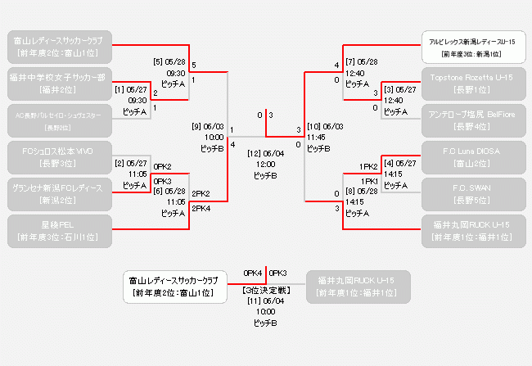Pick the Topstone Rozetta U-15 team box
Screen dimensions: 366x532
click(471, 84)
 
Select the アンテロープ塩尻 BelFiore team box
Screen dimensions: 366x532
click(471, 121)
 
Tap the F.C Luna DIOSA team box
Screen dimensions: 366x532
click(471, 157)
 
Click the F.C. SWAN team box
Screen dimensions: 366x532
click(471, 194)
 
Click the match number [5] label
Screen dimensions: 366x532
click(158, 61)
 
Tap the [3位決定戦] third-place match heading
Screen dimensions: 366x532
click(266, 290)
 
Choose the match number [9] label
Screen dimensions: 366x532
click(196, 126)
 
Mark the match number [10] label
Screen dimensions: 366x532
click(313, 126)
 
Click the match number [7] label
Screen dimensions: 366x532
click(350, 61)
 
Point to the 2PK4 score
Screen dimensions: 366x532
click(201, 209)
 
